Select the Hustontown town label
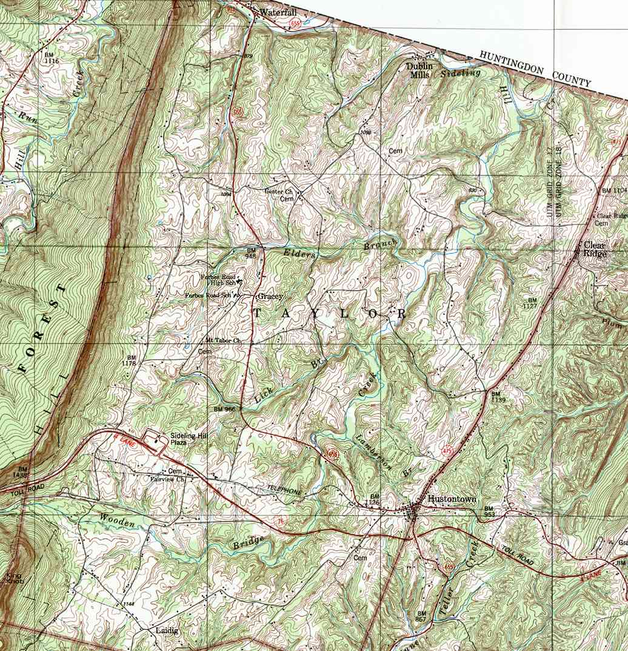click(452, 499)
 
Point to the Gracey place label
click(270, 297)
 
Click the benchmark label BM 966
click(224, 410)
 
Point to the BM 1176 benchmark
click(129, 360)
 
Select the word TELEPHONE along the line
click(282, 489)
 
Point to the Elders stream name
click(299, 254)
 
